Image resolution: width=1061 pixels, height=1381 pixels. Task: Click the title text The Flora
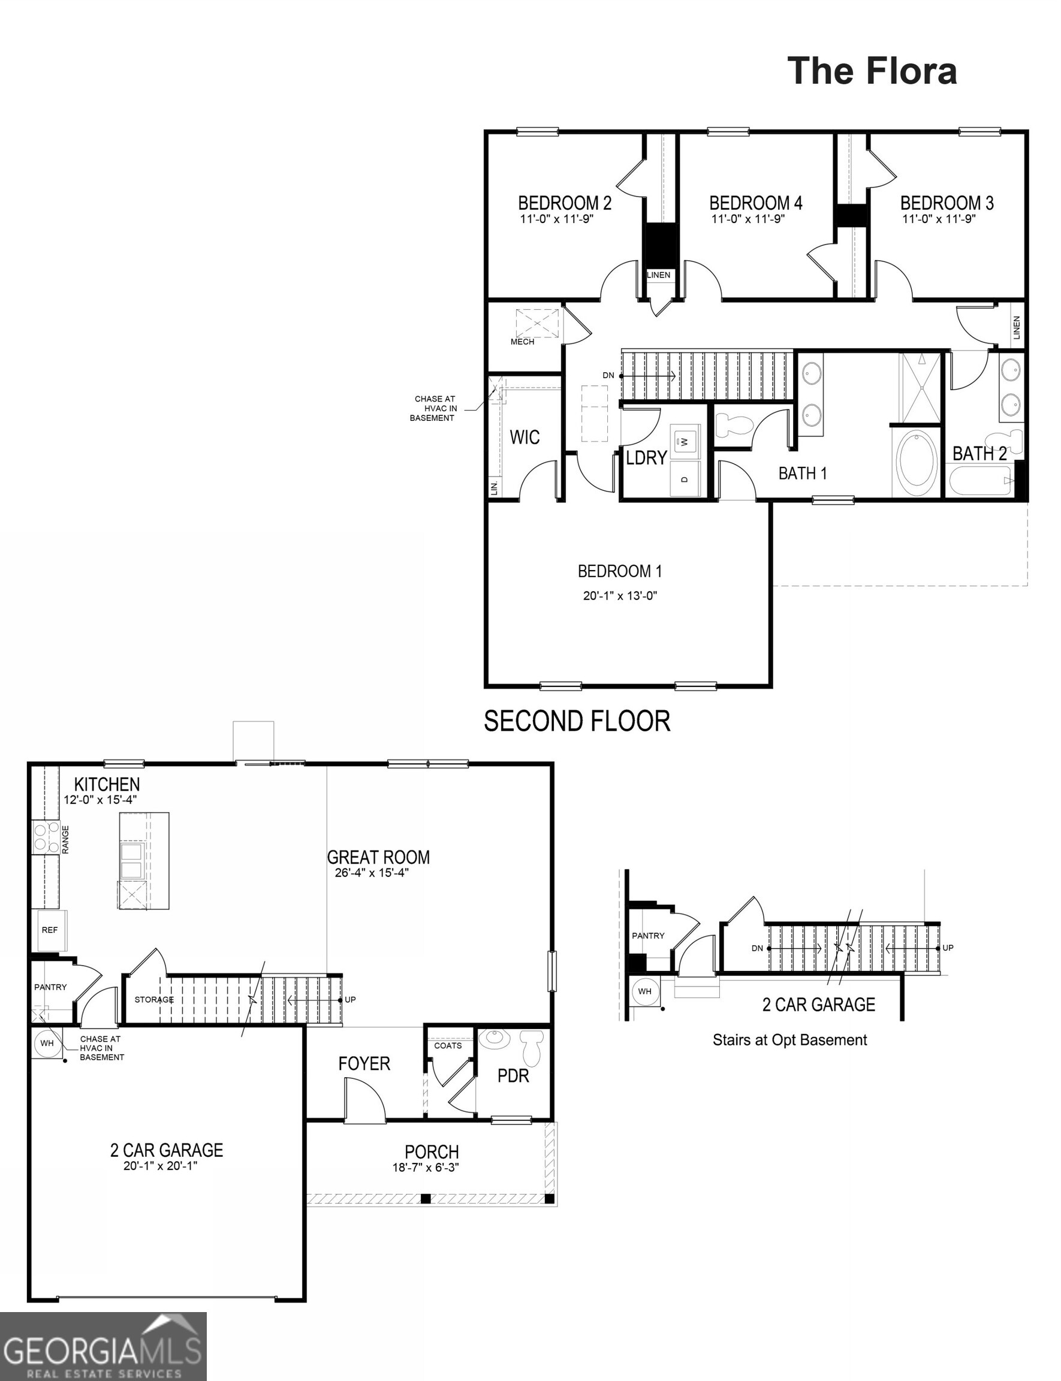[872, 71]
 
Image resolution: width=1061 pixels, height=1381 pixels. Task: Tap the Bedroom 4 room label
[755, 203]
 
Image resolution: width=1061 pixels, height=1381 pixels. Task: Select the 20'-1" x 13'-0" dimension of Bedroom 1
[620, 595]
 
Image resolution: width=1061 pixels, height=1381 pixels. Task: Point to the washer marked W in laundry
[685, 438]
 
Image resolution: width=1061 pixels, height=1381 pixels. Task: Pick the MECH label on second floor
[522, 342]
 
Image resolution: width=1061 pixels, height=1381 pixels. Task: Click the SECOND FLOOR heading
[577, 721]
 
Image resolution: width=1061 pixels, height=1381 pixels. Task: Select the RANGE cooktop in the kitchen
[44, 838]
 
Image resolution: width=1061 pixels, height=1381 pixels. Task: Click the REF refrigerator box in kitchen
[50, 930]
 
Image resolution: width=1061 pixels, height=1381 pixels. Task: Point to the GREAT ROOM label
[378, 857]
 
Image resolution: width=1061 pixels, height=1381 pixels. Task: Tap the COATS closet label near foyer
[448, 1046]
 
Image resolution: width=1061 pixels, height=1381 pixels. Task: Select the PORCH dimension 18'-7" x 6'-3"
[425, 1168]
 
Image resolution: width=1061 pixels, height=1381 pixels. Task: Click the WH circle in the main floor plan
[47, 1043]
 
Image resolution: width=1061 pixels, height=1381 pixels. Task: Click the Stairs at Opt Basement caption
[789, 1040]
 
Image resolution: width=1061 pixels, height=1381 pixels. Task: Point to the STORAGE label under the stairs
[153, 1000]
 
